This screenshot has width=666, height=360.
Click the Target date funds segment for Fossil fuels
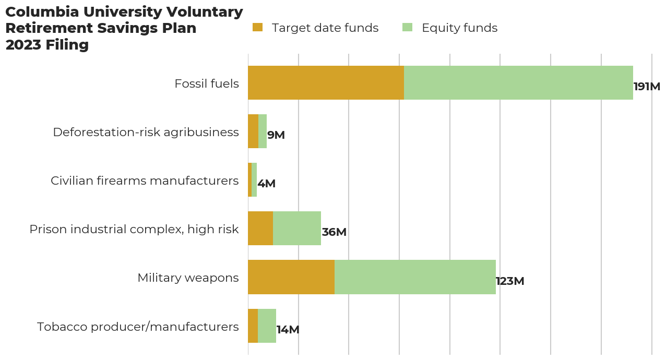click(x=326, y=82)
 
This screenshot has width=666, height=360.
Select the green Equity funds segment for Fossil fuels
click(x=518, y=82)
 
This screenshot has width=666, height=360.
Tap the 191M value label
click(x=647, y=87)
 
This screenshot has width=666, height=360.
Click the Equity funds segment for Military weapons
click(x=415, y=277)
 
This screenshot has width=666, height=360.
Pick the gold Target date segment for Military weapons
click(x=291, y=277)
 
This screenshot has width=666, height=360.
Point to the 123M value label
click(x=510, y=281)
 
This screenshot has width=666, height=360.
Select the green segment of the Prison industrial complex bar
click(x=297, y=228)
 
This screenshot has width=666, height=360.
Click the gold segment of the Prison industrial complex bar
click(x=260, y=228)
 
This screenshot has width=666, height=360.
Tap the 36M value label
click(x=334, y=232)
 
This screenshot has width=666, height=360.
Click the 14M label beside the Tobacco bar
click(x=288, y=330)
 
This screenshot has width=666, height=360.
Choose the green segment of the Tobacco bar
click(x=267, y=326)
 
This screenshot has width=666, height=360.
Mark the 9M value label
click(x=276, y=135)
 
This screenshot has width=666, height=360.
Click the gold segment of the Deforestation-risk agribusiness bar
click(x=253, y=131)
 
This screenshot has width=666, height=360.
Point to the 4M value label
click(x=266, y=184)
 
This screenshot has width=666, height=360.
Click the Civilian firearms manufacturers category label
click(x=145, y=181)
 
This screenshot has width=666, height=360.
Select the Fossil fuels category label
click(x=207, y=83)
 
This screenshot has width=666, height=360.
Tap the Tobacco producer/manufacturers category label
click(x=138, y=327)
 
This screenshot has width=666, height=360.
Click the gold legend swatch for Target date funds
click(x=257, y=28)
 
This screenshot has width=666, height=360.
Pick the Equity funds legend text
click(x=459, y=28)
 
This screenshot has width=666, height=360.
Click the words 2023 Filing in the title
click(x=47, y=45)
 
